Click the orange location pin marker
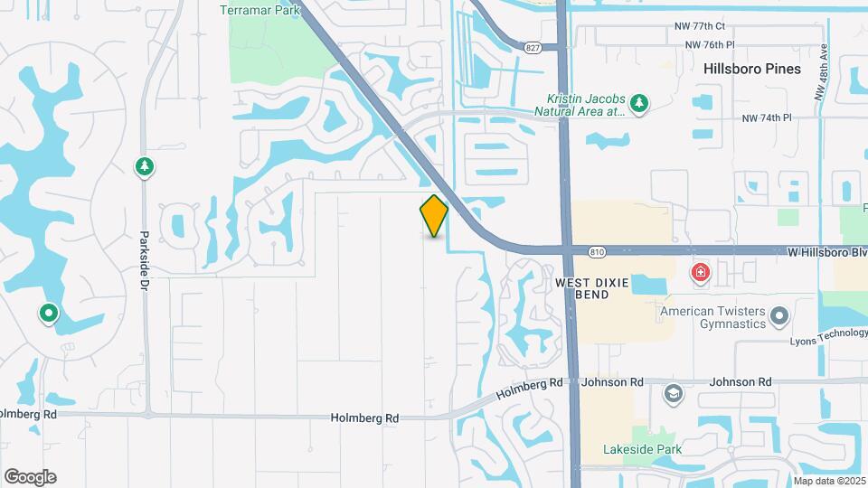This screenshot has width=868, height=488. pyautogui.click(x=434, y=216)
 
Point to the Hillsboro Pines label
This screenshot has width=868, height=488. pyautogui.click(x=752, y=69)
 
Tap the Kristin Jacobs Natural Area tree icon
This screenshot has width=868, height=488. pyautogui.click(x=639, y=104)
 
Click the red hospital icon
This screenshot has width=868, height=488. pyautogui.click(x=700, y=272)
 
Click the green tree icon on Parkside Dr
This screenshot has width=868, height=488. pyautogui.click(x=143, y=167)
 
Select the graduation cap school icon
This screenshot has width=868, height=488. pyautogui.click(x=673, y=393)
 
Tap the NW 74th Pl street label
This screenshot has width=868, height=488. pyautogui.click(x=767, y=118)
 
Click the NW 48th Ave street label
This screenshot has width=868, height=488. pyautogui.click(x=821, y=72)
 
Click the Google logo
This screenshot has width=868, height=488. pyautogui.click(x=30, y=477)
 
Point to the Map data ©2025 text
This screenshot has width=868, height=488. pyautogui.click(x=830, y=481)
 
